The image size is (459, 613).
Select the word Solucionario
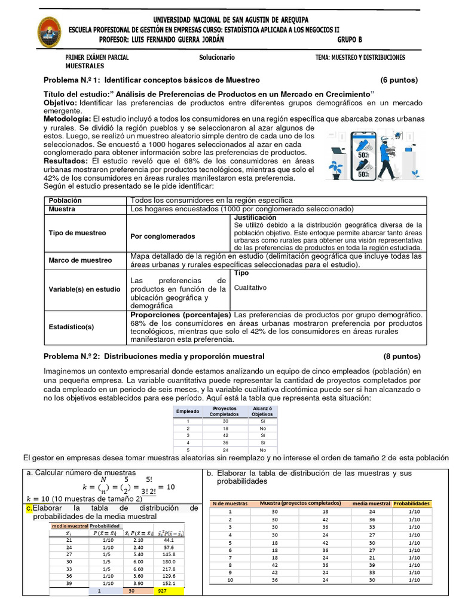click(x=217, y=57)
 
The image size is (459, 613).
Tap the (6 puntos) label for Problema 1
click(x=399, y=80)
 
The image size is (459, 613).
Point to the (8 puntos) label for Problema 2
click(x=399, y=356)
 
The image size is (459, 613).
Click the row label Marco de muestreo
click(x=80, y=260)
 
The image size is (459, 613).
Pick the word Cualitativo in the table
click(x=250, y=287)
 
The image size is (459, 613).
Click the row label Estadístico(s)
click(x=71, y=326)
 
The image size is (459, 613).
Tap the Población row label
click(x=65, y=201)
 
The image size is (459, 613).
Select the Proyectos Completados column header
click(x=224, y=411)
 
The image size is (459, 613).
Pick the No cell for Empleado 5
click(x=262, y=450)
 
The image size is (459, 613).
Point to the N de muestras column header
click(x=229, y=503)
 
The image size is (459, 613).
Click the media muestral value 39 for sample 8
click(x=372, y=565)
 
